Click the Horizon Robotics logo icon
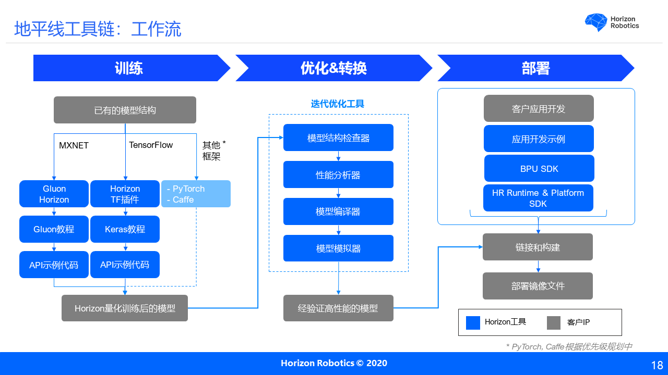point(595,22)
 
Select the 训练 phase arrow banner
point(128,68)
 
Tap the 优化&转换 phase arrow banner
point(333,68)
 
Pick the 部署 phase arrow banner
point(535,68)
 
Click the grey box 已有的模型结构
point(125,110)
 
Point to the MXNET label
point(74,145)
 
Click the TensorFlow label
point(151,145)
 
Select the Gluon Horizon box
point(54,194)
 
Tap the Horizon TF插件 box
point(125,194)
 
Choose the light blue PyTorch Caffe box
point(196,194)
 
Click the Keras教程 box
point(125,229)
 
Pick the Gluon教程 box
point(54,229)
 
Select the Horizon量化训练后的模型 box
point(125,308)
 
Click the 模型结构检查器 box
point(338,137)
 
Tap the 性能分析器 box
point(338,174)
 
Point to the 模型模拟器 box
point(338,248)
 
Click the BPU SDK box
point(539,168)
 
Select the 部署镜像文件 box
point(538,286)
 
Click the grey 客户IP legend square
point(553,323)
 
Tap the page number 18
point(657,365)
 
